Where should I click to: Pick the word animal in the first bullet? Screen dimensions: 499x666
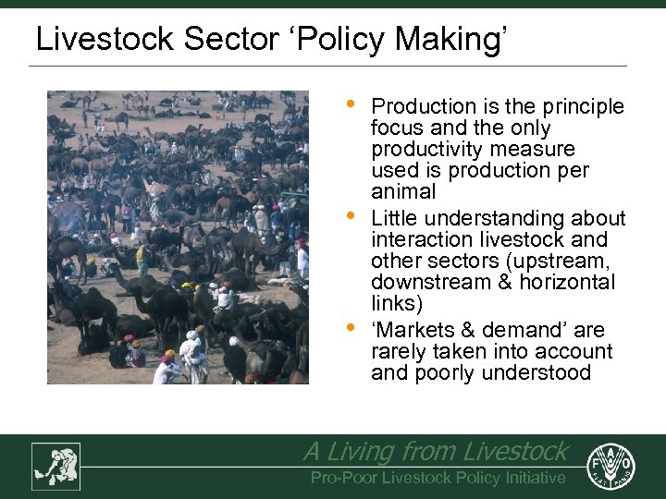[x=402, y=192]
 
